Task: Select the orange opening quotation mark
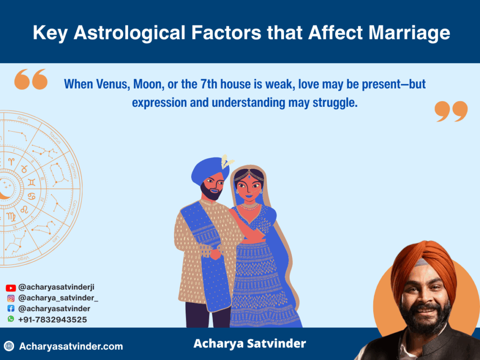coord(31,79)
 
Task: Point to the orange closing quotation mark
coord(451,112)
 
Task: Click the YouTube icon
coord(11,288)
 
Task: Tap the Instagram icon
coord(11,298)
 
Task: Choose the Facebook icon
coord(11,308)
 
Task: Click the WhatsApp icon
coord(11,319)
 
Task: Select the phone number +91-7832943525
coord(52,320)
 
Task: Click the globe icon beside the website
coord(9,346)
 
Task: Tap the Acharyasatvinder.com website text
coord(71,346)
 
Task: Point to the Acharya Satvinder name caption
coord(249,344)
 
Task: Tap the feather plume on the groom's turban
coord(226,161)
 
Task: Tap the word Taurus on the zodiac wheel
coord(55,138)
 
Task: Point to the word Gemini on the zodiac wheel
coord(74,171)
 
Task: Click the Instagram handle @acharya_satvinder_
coord(58,298)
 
